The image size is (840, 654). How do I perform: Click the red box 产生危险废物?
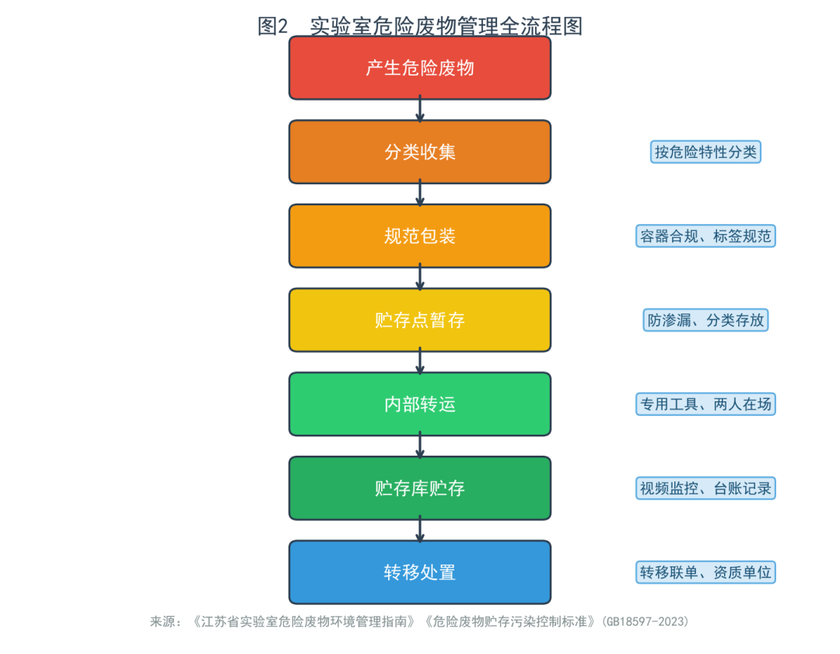[420, 68]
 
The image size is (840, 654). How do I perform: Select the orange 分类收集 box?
[420, 152]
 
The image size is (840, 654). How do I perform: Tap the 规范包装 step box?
[420, 236]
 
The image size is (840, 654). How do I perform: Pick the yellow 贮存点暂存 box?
[420, 320]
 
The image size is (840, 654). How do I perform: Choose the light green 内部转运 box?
[420, 404]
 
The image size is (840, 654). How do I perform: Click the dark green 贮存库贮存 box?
[420, 488]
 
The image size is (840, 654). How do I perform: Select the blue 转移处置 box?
[420, 572]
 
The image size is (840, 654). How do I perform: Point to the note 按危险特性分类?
[705, 152]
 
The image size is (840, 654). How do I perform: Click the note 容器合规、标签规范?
[705, 236]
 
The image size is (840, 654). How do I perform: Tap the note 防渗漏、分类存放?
[705, 320]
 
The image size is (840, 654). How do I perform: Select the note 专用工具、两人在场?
[705, 404]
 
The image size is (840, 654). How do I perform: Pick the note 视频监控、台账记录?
[705, 488]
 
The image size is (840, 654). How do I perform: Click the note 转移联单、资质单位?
[705, 572]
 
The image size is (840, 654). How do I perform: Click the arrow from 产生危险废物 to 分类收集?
[420, 110]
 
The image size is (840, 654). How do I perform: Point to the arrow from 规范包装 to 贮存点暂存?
[420, 278]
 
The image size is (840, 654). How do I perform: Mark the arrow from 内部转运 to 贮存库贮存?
[420, 446]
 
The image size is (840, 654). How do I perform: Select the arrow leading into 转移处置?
[420, 530]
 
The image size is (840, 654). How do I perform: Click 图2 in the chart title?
[273, 26]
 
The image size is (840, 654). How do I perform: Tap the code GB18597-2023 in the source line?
[645, 621]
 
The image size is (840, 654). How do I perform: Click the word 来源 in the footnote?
[163, 621]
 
